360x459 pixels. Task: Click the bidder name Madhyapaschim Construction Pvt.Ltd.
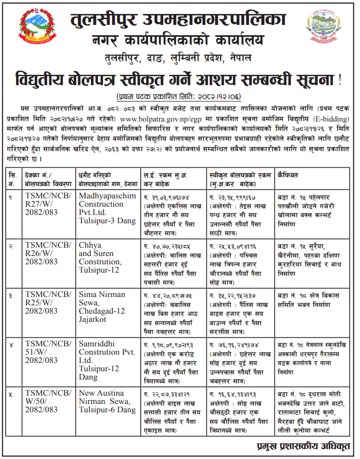(106, 204)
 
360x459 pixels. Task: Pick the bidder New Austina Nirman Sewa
(107, 400)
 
